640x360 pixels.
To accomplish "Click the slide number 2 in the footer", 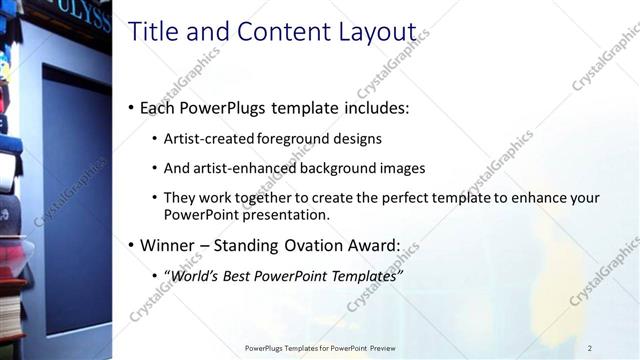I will [x=590, y=348].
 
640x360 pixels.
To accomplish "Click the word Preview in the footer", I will [x=381, y=348].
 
